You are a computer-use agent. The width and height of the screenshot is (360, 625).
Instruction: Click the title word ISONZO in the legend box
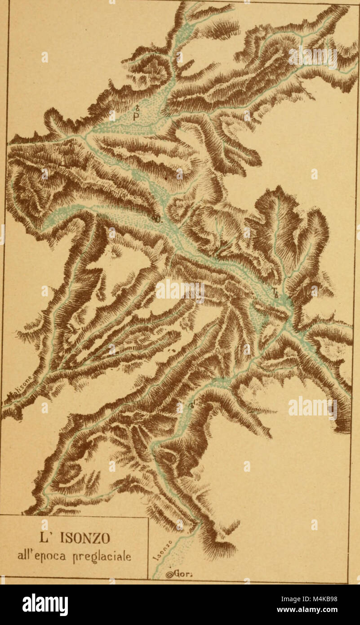(x=89, y=538)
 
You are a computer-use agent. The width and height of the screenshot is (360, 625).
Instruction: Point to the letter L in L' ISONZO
(x=57, y=538)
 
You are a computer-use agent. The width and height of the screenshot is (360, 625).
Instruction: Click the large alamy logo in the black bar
(x=45, y=604)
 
